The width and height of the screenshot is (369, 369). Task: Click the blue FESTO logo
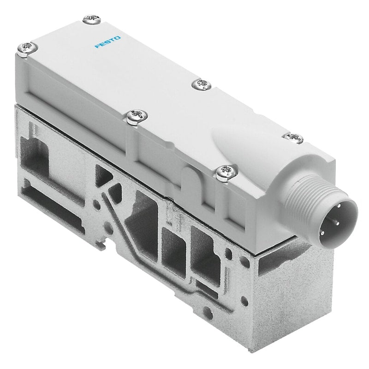click(x=107, y=42)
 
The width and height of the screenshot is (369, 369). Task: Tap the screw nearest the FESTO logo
click(x=93, y=19)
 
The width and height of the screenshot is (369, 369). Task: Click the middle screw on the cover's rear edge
click(x=201, y=84)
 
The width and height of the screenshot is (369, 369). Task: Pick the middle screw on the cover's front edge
click(x=137, y=116)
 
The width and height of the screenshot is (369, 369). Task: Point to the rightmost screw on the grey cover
click(x=293, y=137)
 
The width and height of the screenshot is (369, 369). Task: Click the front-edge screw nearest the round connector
click(x=226, y=172)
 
